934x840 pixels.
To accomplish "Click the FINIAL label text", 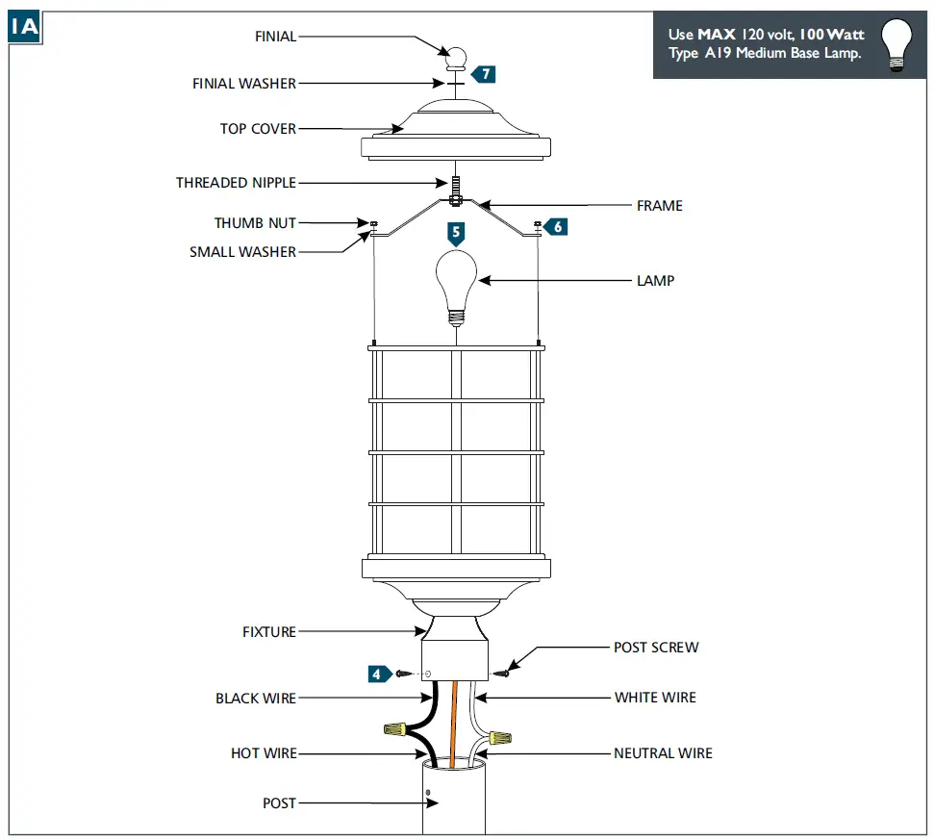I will tap(275, 37).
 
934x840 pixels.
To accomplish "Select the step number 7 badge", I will tap(486, 73).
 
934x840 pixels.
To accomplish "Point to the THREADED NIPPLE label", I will tap(236, 183).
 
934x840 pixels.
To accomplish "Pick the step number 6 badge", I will tap(557, 226).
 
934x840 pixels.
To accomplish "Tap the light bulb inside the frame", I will tap(456, 282).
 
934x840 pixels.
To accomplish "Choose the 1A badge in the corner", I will tap(24, 26).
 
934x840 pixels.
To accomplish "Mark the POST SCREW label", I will tap(656, 648).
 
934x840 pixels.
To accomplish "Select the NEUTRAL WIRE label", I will tap(663, 753).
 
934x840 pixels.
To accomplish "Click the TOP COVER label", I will tap(258, 129).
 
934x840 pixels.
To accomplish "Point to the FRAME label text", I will tap(659, 206).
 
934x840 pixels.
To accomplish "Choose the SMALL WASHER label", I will tap(242, 252).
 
